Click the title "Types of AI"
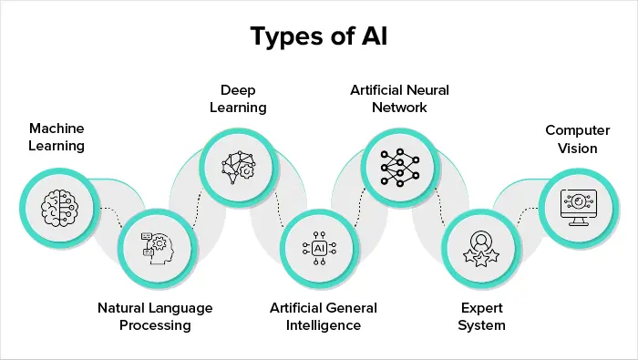[x=319, y=37]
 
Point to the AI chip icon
[x=319, y=247]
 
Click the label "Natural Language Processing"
[x=155, y=316]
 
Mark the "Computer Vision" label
[x=571, y=139]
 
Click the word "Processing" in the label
[x=155, y=325]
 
